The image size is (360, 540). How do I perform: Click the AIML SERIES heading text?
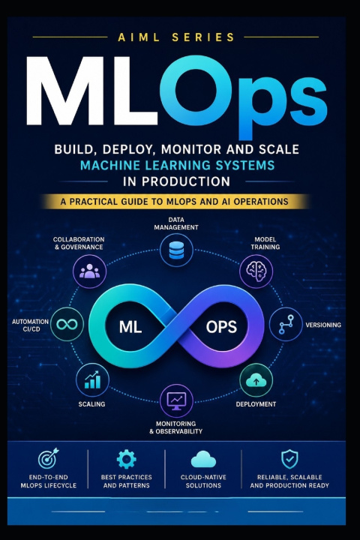(176, 37)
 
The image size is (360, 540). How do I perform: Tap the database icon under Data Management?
(176, 250)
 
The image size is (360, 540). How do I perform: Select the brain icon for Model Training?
(256, 271)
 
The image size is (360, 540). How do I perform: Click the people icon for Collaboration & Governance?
(89, 271)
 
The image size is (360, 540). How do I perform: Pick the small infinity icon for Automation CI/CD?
(67, 324)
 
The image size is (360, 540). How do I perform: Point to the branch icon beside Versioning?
(286, 324)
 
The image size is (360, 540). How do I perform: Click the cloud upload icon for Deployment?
(256, 380)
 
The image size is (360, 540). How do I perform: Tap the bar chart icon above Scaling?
(92, 379)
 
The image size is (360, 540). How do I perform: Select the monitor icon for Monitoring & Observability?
(176, 400)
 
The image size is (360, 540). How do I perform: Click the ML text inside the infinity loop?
(130, 327)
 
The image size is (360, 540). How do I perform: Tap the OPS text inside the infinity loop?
(221, 327)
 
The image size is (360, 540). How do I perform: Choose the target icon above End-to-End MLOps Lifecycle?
(48, 458)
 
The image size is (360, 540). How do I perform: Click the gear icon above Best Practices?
(127, 459)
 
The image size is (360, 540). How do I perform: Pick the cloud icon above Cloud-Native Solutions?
(203, 460)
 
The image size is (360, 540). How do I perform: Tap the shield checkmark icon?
(289, 459)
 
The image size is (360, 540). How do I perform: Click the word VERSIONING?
(323, 325)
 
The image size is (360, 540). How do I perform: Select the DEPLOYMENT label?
(256, 404)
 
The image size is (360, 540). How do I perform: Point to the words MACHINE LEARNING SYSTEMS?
(177, 165)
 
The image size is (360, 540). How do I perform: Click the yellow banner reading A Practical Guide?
(175, 202)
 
